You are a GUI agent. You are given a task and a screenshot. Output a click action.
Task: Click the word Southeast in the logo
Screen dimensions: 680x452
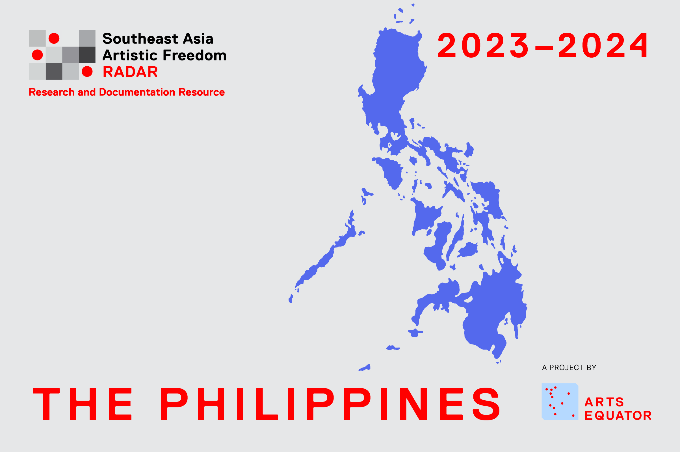pos(140,39)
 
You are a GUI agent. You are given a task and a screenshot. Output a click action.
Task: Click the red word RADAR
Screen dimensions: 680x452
pos(130,72)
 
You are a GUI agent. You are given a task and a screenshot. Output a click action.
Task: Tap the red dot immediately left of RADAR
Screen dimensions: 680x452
pos(87,71)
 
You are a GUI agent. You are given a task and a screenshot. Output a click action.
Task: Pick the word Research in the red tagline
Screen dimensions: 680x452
pos(52,92)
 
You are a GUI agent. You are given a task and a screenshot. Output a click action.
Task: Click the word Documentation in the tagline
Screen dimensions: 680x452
pos(137,92)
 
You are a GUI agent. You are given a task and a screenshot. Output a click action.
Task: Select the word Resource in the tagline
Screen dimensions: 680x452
pos(202,92)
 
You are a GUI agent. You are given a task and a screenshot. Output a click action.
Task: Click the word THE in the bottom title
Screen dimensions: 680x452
pos(82,404)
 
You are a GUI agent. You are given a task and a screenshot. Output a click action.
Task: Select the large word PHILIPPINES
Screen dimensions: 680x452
pos(330,404)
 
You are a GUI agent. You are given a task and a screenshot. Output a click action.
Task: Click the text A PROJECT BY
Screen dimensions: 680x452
pos(569,368)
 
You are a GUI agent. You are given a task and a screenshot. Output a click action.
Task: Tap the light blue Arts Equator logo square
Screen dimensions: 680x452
pos(560,401)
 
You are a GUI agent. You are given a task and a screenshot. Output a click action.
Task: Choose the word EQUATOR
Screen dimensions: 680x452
pos(618,415)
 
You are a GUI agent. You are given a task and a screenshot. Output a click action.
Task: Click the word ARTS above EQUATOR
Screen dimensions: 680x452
pos(604,402)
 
